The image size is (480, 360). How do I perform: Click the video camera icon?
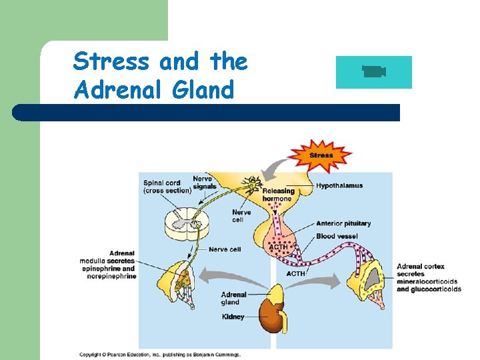pyautogui.click(x=374, y=71)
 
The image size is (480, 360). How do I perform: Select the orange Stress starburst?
pyautogui.click(x=321, y=155)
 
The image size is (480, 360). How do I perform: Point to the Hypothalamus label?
pyautogui.click(x=339, y=185)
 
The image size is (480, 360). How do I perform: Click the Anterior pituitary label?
pyautogui.click(x=343, y=223)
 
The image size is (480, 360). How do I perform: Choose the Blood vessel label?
pyautogui.click(x=337, y=236)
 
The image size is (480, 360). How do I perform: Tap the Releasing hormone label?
pyautogui.click(x=278, y=195)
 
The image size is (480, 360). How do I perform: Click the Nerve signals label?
pyautogui.click(x=203, y=182)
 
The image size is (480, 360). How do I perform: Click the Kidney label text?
pyautogui.click(x=233, y=317)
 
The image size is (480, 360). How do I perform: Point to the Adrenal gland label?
pyautogui.click(x=233, y=298)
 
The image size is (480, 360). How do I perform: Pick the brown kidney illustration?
pyautogui.click(x=272, y=313)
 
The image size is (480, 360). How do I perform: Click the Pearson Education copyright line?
pyautogui.click(x=160, y=355)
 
